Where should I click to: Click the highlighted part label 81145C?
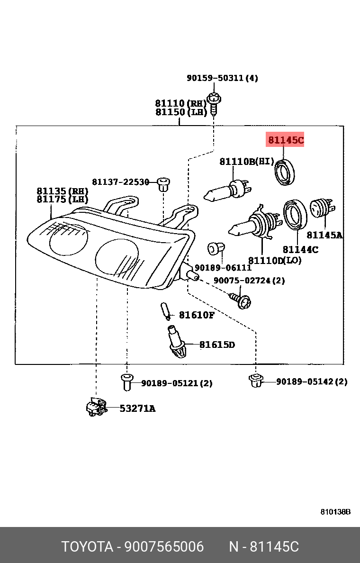coord(286,140)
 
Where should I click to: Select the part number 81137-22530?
coord(120,182)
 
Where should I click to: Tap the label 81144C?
coord(300,249)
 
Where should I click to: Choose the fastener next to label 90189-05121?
coord(126,382)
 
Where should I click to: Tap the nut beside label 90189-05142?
coord(256,380)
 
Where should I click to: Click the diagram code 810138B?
coord(335,512)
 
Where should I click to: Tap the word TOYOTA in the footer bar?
coord(87,547)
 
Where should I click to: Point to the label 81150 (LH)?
coord(181,112)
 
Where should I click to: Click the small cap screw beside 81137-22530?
coord(163,183)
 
